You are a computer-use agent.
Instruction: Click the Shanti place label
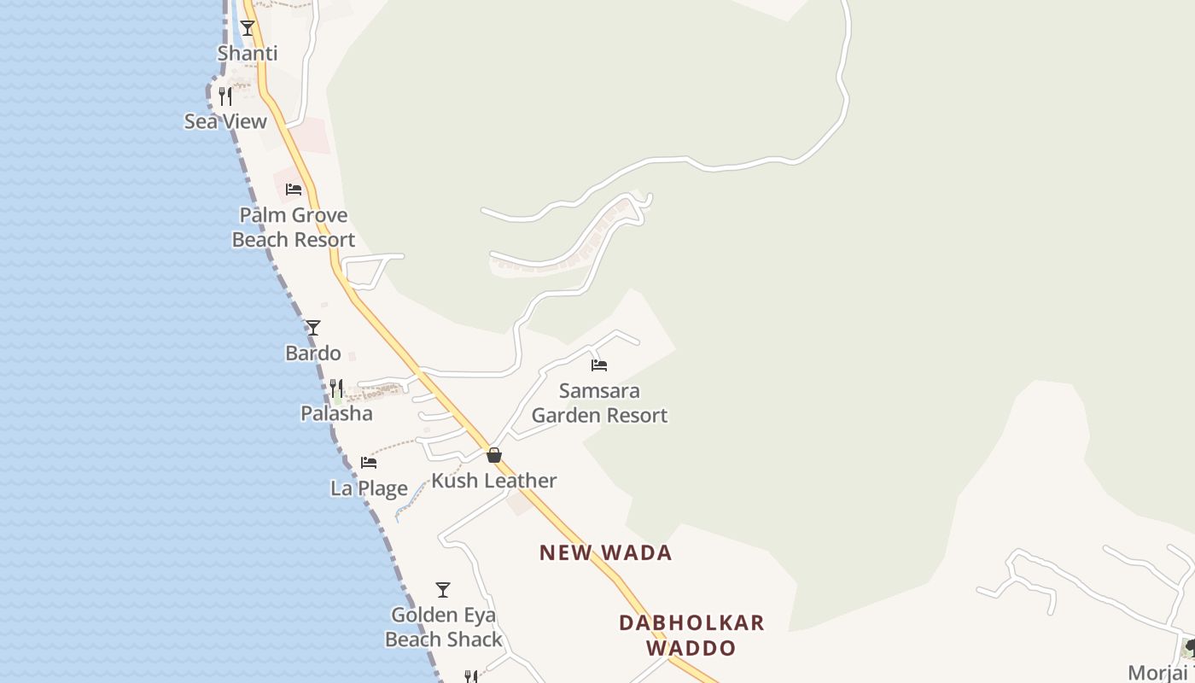[x=248, y=53]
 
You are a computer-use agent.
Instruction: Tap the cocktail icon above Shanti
[x=248, y=28]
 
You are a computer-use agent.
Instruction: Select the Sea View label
[x=226, y=121]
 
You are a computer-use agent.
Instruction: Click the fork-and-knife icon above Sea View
[x=225, y=96]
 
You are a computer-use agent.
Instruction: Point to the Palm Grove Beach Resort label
[x=294, y=227]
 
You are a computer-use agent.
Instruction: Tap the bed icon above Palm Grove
[x=294, y=190]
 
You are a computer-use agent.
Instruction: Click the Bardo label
[x=313, y=353]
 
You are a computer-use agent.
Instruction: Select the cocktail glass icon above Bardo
[x=313, y=328]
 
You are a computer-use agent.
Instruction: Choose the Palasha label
[x=336, y=413]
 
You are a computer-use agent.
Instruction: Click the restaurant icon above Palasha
[x=336, y=389]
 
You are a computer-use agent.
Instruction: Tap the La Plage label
[x=369, y=488]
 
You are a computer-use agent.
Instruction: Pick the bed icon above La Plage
[x=369, y=463]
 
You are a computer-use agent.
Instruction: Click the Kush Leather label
[x=494, y=481]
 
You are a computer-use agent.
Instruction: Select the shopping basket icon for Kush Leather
[x=494, y=455]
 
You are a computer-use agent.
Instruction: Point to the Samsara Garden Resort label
[x=599, y=403]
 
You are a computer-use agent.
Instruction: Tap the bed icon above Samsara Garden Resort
[x=599, y=365]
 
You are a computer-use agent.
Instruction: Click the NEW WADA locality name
[x=606, y=552]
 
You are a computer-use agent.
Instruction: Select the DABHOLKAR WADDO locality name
[x=691, y=635]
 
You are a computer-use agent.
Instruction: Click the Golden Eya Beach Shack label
[x=443, y=628]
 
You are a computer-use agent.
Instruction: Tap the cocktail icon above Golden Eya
[x=443, y=590]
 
